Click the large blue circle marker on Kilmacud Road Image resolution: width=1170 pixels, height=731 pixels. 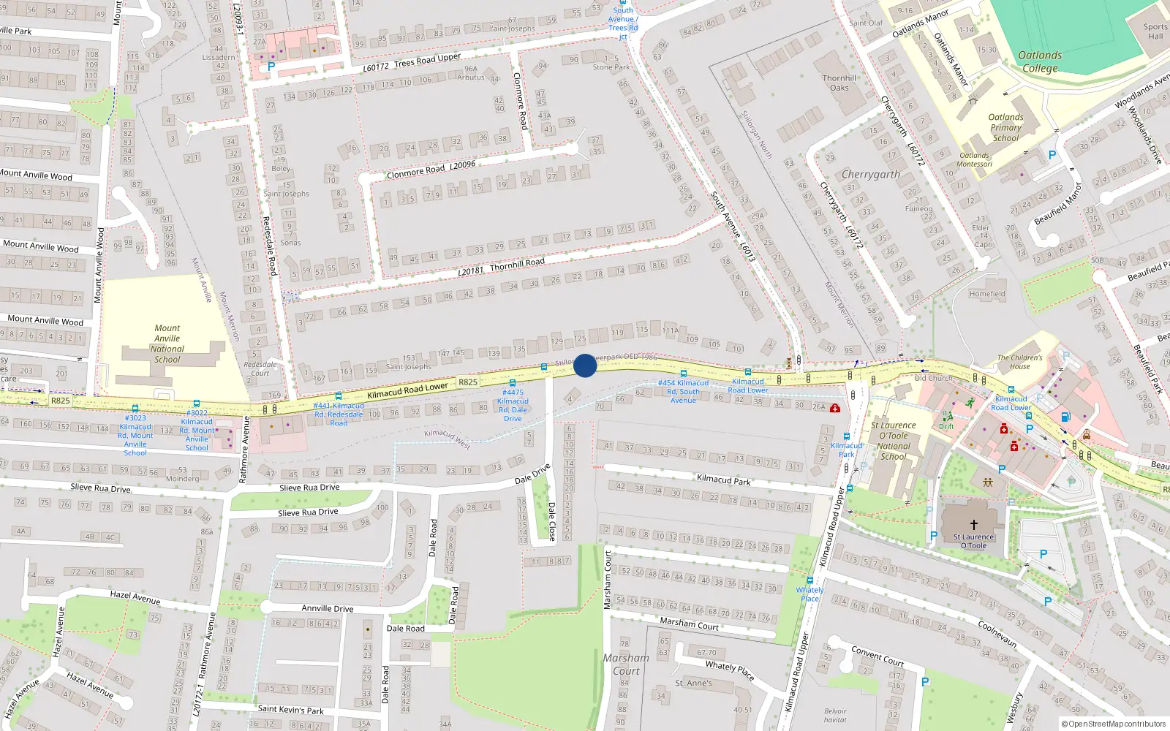[585, 365]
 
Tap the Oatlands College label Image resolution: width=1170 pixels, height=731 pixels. [1039, 61]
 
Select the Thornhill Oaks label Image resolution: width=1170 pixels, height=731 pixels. [839, 83]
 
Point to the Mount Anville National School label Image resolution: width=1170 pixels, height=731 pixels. [167, 344]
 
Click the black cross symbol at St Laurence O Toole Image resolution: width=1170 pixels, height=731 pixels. [973, 524]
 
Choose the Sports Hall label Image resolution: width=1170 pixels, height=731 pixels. [1155, 31]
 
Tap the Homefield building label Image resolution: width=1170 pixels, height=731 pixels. [987, 294]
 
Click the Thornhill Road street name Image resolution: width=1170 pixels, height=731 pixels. [517, 264]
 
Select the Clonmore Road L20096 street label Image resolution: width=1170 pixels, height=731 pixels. [431, 170]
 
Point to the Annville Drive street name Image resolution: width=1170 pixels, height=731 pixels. [328, 608]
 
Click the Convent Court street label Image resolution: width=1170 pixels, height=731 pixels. [877, 656]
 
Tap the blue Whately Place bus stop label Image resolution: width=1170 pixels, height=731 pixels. [809, 594]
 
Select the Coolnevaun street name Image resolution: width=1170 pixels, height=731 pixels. [997, 634]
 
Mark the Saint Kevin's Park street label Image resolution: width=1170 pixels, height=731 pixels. [290, 709]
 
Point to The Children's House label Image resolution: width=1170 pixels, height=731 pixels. [1019, 362]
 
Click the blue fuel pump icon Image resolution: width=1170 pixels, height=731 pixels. [1065, 417]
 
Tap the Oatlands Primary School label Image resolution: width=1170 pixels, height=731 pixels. [1005, 127]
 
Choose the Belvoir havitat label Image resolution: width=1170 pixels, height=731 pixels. [835, 715]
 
